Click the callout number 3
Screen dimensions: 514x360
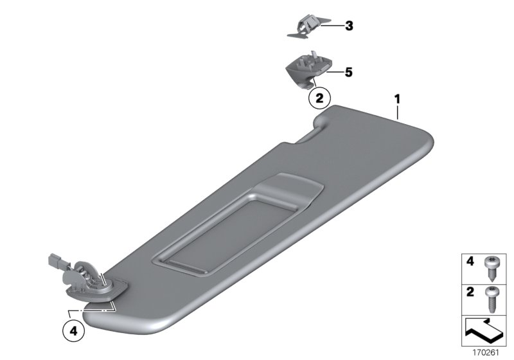tap(349, 26)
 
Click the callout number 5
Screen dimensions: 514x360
tap(348, 72)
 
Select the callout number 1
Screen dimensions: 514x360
tap(397, 99)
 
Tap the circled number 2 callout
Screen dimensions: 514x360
tap(319, 98)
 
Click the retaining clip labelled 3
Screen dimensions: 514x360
tap(308, 26)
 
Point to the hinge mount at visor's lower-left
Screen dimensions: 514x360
tap(93, 282)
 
